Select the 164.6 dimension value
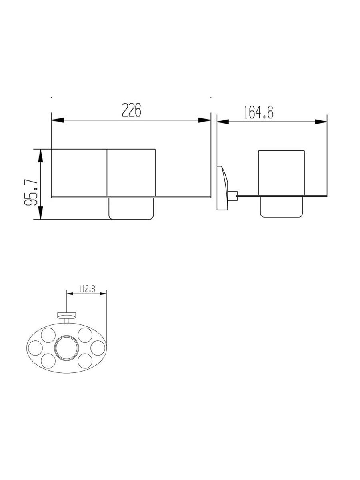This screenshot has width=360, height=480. pyautogui.click(x=259, y=112)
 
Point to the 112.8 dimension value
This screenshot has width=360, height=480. pyautogui.click(x=87, y=289)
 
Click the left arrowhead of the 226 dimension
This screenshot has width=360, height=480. pyautogui.click(x=58, y=120)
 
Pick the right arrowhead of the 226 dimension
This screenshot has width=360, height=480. pyautogui.click(x=204, y=120)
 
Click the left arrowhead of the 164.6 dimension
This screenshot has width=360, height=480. pyautogui.click(x=223, y=122)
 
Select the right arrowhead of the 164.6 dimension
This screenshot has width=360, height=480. pyautogui.click(x=321, y=122)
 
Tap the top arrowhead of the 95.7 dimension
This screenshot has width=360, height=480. pyautogui.click(x=40, y=156)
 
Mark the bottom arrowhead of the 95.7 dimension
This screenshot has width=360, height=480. pyautogui.click(x=40, y=212)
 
